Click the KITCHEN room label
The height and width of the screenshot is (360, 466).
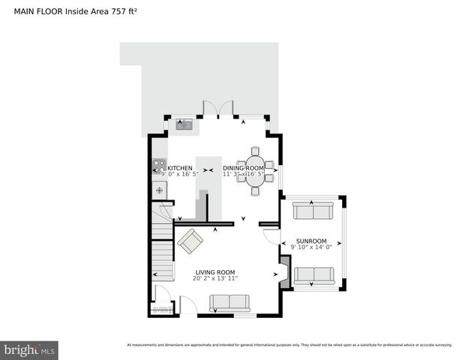[179, 168]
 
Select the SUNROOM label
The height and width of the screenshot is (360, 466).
[309, 241]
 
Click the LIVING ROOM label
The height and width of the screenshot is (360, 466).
[215, 272]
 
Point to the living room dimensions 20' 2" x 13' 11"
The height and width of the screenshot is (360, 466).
[215, 278]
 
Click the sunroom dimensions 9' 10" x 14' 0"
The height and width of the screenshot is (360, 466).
[310, 247]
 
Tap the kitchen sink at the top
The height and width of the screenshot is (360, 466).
[184, 125]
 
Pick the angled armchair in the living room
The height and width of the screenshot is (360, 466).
[190, 241]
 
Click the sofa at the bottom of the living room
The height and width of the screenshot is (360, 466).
[230, 302]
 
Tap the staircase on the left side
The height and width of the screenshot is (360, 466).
[162, 247]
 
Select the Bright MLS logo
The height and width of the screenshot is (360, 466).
[29, 349]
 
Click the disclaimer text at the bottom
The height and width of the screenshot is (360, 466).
[289, 345]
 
